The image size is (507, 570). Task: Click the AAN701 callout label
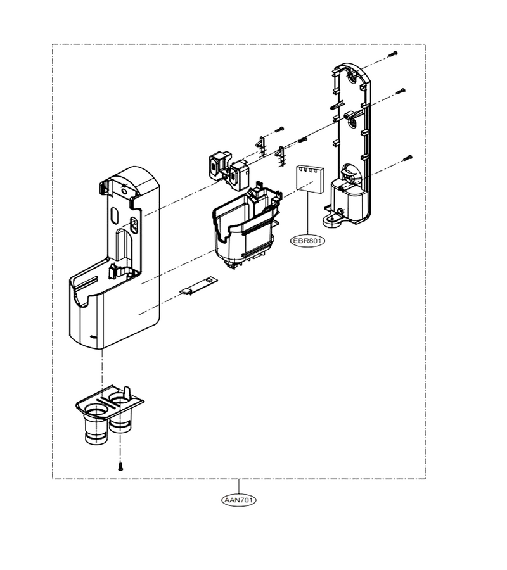(x=238, y=500)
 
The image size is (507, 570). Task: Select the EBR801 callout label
(x=308, y=240)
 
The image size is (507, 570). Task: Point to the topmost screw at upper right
(x=393, y=54)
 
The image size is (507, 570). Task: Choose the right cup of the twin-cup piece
(x=120, y=414)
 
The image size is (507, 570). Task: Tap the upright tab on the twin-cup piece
(x=127, y=393)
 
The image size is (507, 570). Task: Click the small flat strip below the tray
(x=198, y=286)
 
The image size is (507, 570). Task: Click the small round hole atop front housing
(x=124, y=190)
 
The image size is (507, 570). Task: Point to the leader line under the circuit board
(x=308, y=213)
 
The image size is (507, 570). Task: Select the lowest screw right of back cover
(x=408, y=158)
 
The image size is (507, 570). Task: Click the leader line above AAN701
(x=238, y=487)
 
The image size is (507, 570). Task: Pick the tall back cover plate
(x=349, y=144)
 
